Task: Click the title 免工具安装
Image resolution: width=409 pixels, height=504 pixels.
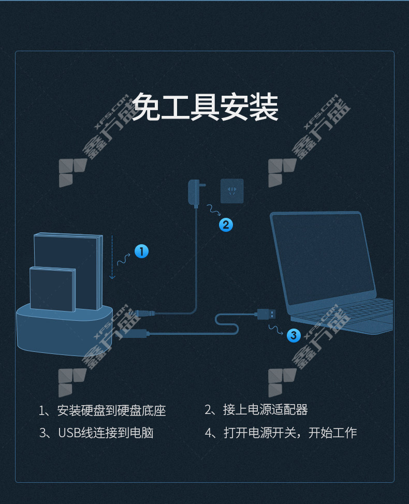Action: coord(205,107)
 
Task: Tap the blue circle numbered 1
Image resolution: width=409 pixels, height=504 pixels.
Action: coord(141,251)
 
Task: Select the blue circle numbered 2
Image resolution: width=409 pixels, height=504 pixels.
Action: coord(226,225)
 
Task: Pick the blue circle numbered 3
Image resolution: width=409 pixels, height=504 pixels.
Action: coord(294,335)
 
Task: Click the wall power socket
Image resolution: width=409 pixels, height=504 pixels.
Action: coord(232,191)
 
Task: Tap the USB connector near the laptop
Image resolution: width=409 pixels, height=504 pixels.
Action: coord(266,314)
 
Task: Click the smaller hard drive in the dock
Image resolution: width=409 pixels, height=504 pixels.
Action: coord(53,289)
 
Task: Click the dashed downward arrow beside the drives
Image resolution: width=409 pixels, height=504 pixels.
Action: coord(112,257)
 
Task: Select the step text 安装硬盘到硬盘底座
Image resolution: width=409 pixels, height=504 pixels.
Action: coord(112,410)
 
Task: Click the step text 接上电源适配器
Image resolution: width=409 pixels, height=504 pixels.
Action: coord(265,409)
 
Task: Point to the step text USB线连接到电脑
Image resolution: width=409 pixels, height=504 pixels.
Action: coord(106,433)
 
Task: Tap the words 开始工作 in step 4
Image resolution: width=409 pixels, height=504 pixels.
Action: coord(332,433)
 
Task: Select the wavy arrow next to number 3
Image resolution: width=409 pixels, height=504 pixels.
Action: coord(276,330)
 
